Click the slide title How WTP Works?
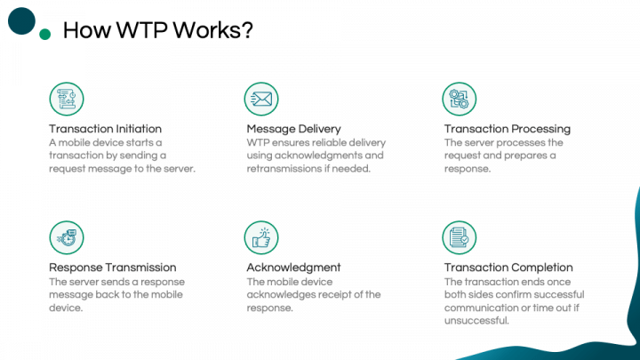click(x=158, y=30)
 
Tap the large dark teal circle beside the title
click(x=21, y=20)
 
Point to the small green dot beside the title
click(x=45, y=35)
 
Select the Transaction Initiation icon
click(x=67, y=99)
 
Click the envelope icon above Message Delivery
click(x=261, y=99)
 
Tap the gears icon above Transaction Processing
click(x=460, y=99)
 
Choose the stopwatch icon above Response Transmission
click(x=67, y=237)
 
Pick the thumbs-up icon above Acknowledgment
click(x=261, y=237)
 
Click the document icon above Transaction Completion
click(x=460, y=237)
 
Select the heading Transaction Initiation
click(x=105, y=129)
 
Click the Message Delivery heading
click(x=293, y=129)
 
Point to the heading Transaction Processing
click(x=508, y=129)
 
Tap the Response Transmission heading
click(x=113, y=268)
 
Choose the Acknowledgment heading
click(x=293, y=268)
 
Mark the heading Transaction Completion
click(x=508, y=268)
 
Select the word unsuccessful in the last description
click(x=476, y=320)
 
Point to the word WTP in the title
click(x=141, y=30)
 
